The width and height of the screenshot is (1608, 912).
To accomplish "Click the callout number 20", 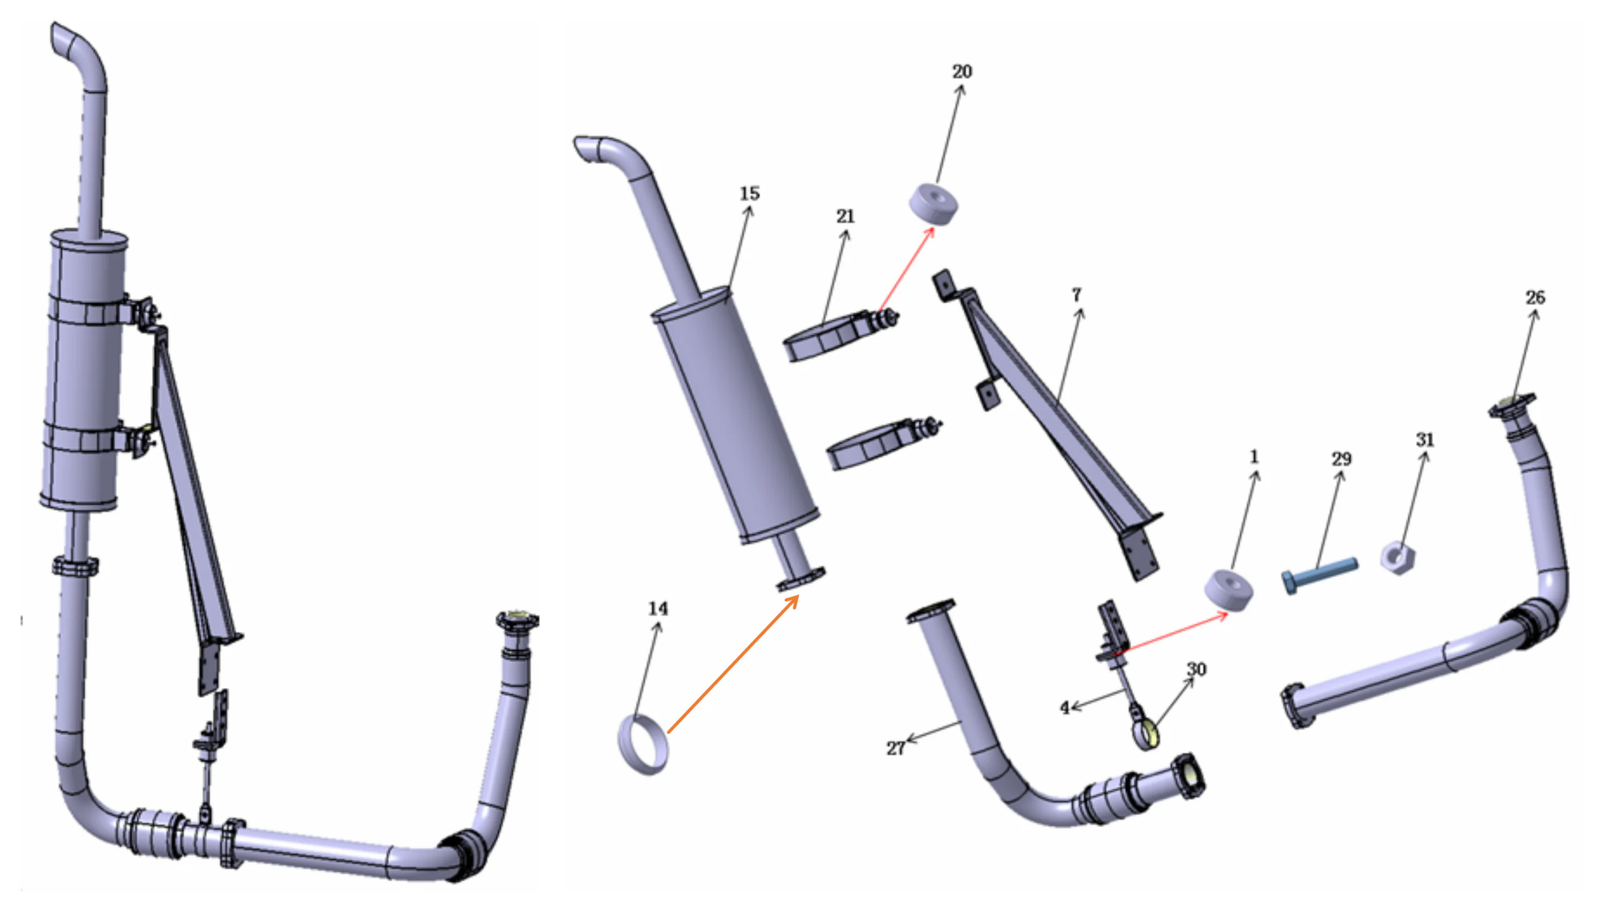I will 962,71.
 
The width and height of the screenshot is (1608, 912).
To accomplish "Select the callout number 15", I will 749,193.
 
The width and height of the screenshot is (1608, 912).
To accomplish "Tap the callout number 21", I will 845,216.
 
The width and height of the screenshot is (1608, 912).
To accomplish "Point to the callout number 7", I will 1076,294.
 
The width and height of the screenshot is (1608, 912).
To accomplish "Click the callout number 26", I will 1534,298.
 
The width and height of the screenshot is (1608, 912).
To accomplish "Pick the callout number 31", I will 1424,439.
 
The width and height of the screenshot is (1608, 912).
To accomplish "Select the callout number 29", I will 1340,459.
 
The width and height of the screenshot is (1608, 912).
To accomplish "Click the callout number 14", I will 658,608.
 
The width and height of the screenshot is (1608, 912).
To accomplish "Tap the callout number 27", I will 895,748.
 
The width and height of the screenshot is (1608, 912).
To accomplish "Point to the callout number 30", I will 1196,669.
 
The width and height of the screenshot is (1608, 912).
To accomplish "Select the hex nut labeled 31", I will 1397,557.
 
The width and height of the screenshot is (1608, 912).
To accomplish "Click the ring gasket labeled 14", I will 643,745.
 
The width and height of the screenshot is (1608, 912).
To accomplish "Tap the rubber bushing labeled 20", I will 933,203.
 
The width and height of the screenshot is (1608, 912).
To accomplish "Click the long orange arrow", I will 733,664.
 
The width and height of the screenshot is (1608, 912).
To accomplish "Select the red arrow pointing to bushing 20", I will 907,269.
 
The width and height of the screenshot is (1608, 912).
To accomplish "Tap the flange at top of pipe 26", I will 1512,404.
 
